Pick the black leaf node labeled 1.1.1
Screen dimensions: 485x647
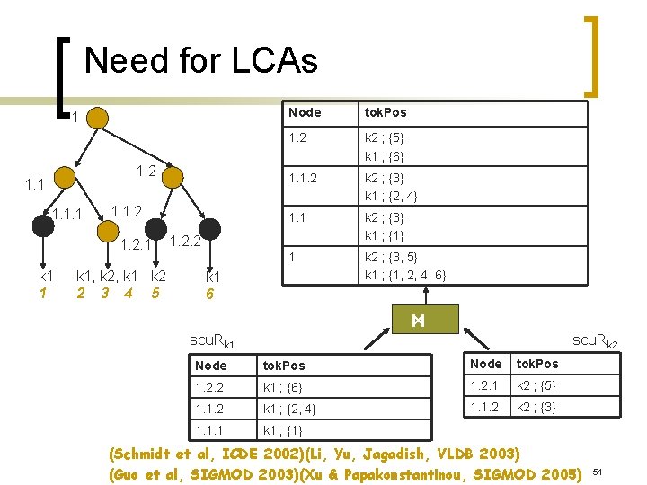pos(42,226)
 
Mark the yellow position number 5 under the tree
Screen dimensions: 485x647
pos(155,293)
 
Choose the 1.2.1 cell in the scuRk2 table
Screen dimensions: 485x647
pos(486,384)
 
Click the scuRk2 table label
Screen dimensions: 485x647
pos(602,340)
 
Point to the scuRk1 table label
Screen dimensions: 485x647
pos(213,341)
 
